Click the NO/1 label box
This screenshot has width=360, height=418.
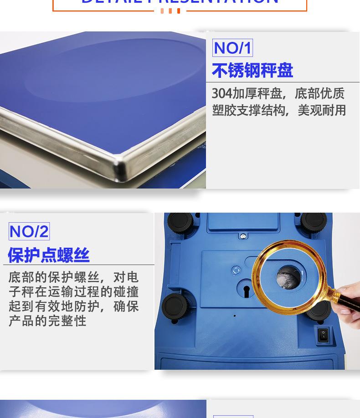232,48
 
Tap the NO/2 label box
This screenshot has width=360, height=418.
29,231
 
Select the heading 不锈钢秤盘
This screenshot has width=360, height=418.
252,71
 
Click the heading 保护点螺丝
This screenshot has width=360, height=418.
48,255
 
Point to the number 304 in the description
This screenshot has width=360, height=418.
222,94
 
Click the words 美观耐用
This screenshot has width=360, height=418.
322,110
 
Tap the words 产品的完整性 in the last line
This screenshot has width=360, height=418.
47,321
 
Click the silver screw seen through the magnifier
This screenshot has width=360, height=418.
286,277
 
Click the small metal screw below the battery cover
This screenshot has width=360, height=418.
243,236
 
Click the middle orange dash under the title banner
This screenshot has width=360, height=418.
170,11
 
